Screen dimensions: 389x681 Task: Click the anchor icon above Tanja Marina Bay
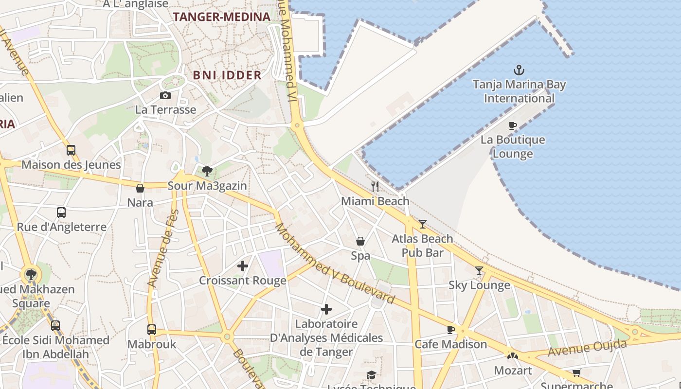click(x=519, y=71)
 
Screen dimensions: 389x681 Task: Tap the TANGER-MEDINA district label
click(x=221, y=17)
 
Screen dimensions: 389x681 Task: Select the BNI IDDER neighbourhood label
click(x=227, y=75)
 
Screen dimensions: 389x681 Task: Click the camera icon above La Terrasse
click(x=165, y=95)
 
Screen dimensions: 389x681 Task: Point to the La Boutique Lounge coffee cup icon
click(x=512, y=125)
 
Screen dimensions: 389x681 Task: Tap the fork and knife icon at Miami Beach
click(x=375, y=186)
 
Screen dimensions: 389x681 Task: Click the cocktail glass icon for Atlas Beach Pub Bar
click(x=422, y=224)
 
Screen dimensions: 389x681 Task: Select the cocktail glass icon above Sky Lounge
click(x=479, y=270)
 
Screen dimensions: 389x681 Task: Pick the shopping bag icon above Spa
click(x=360, y=241)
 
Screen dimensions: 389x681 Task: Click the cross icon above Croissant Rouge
click(x=242, y=266)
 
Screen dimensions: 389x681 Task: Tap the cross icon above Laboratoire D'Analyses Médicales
click(x=326, y=309)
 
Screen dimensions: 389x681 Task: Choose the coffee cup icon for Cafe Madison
click(x=451, y=330)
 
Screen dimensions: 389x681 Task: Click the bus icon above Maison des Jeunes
click(x=71, y=150)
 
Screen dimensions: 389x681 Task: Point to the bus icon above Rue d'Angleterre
click(x=61, y=212)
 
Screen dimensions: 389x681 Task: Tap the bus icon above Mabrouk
click(x=152, y=330)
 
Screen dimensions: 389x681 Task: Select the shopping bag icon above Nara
click(x=140, y=188)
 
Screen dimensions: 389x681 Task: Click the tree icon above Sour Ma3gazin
click(x=207, y=171)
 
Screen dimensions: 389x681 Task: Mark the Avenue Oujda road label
click(x=587, y=348)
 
